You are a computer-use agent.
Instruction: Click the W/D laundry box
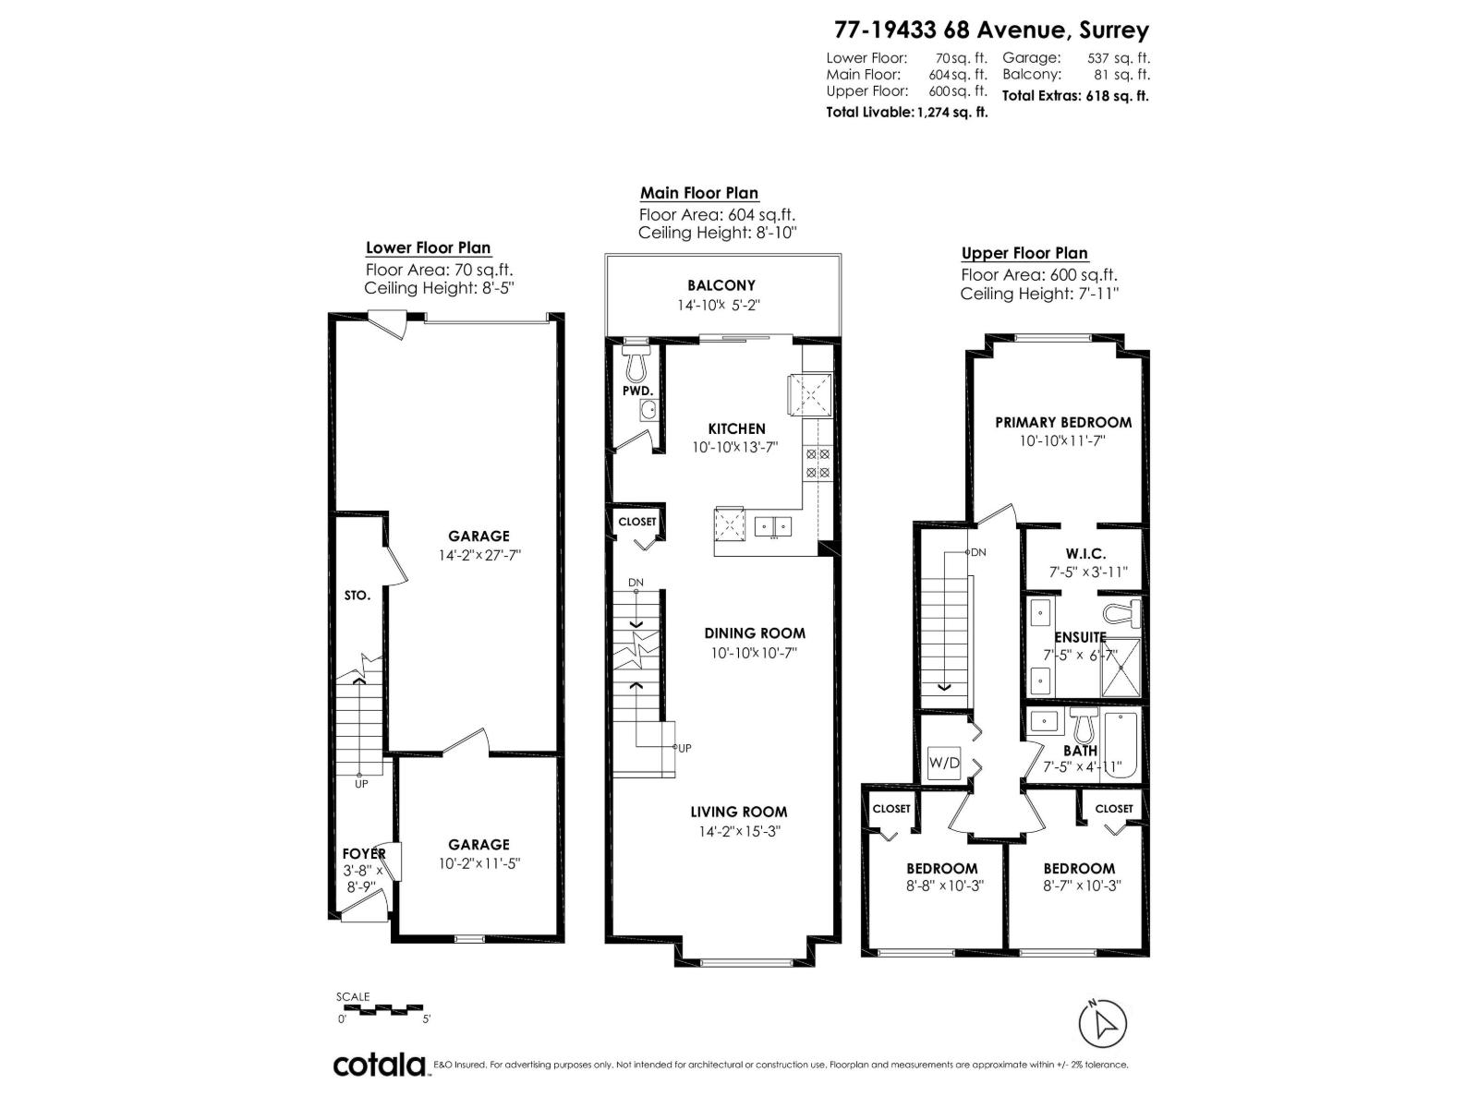pyautogui.click(x=944, y=765)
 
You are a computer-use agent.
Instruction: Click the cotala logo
pyautogui.click(x=379, y=1065)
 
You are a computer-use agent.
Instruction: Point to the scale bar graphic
pyautogui.click(x=383, y=1009)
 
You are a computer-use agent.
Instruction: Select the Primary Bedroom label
pyautogui.click(x=1062, y=422)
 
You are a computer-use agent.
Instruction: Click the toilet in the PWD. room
pyautogui.click(x=636, y=366)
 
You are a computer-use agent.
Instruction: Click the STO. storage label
pyautogui.click(x=357, y=596)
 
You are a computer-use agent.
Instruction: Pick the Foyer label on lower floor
pyautogui.click(x=363, y=854)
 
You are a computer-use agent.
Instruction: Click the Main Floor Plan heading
pyautogui.click(x=699, y=193)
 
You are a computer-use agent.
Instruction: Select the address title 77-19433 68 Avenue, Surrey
pyautogui.click(x=991, y=30)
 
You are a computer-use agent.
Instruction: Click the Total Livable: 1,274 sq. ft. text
pyautogui.click(x=906, y=112)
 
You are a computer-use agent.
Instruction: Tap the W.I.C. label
pyautogui.click(x=1084, y=553)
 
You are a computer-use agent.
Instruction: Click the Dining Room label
pyautogui.click(x=754, y=633)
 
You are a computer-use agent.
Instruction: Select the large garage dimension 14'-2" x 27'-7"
pyautogui.click(x=479, y=556)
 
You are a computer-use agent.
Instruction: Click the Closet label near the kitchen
pyautogui.click(x=636, y=522)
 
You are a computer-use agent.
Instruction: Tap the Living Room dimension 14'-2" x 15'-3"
pyautogui.click(x=738, y=832)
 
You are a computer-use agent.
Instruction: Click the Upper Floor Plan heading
pyautogui.click(x=1024, y=253)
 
